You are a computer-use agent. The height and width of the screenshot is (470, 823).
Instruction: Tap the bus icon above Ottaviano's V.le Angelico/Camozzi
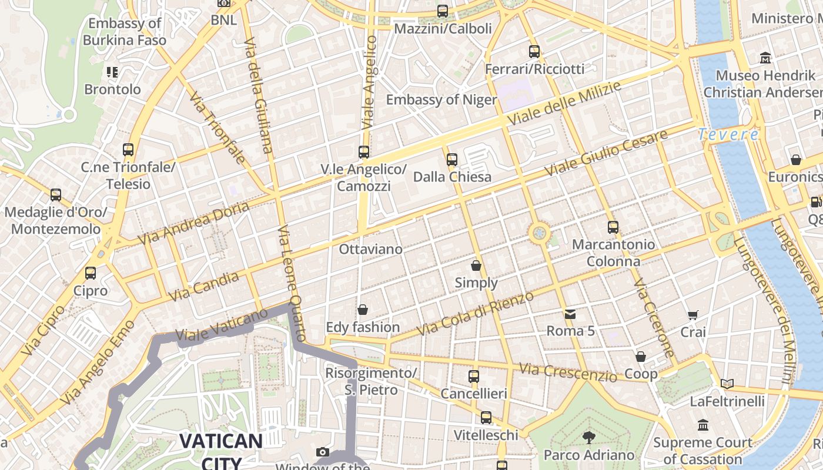point(364,152)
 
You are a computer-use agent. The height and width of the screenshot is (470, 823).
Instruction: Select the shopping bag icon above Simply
point(476,266)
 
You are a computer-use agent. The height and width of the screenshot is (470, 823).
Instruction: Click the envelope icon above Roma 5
point(570,314)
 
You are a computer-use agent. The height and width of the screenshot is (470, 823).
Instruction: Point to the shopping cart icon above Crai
point(693,315)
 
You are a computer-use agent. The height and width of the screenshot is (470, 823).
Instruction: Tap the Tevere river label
point(728,135)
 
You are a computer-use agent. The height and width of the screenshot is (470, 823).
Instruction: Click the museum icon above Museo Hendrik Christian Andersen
point(765,58)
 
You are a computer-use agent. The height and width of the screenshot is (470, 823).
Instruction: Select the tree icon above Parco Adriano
point(588,438)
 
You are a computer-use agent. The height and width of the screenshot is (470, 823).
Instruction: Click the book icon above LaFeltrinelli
point(727,384)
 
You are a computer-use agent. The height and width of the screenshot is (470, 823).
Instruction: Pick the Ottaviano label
point(371,249)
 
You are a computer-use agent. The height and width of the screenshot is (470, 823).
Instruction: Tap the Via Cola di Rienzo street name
point(475,314)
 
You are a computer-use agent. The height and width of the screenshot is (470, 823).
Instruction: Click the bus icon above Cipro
point(91,273)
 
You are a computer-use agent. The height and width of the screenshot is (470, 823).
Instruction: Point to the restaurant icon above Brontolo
point(112,72)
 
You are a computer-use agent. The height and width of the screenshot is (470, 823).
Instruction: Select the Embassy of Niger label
point(441,99)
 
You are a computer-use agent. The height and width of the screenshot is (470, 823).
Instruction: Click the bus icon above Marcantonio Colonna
point(613,227)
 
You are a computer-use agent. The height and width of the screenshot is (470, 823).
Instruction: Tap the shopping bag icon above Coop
point(641,357)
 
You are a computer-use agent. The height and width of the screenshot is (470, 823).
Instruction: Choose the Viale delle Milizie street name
point(564,103)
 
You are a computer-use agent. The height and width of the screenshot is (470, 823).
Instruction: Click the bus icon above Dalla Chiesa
point(452,159)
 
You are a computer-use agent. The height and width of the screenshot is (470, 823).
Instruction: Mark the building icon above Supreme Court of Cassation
point(703,425)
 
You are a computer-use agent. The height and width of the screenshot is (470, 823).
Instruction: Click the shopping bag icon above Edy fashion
point(363,310)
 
